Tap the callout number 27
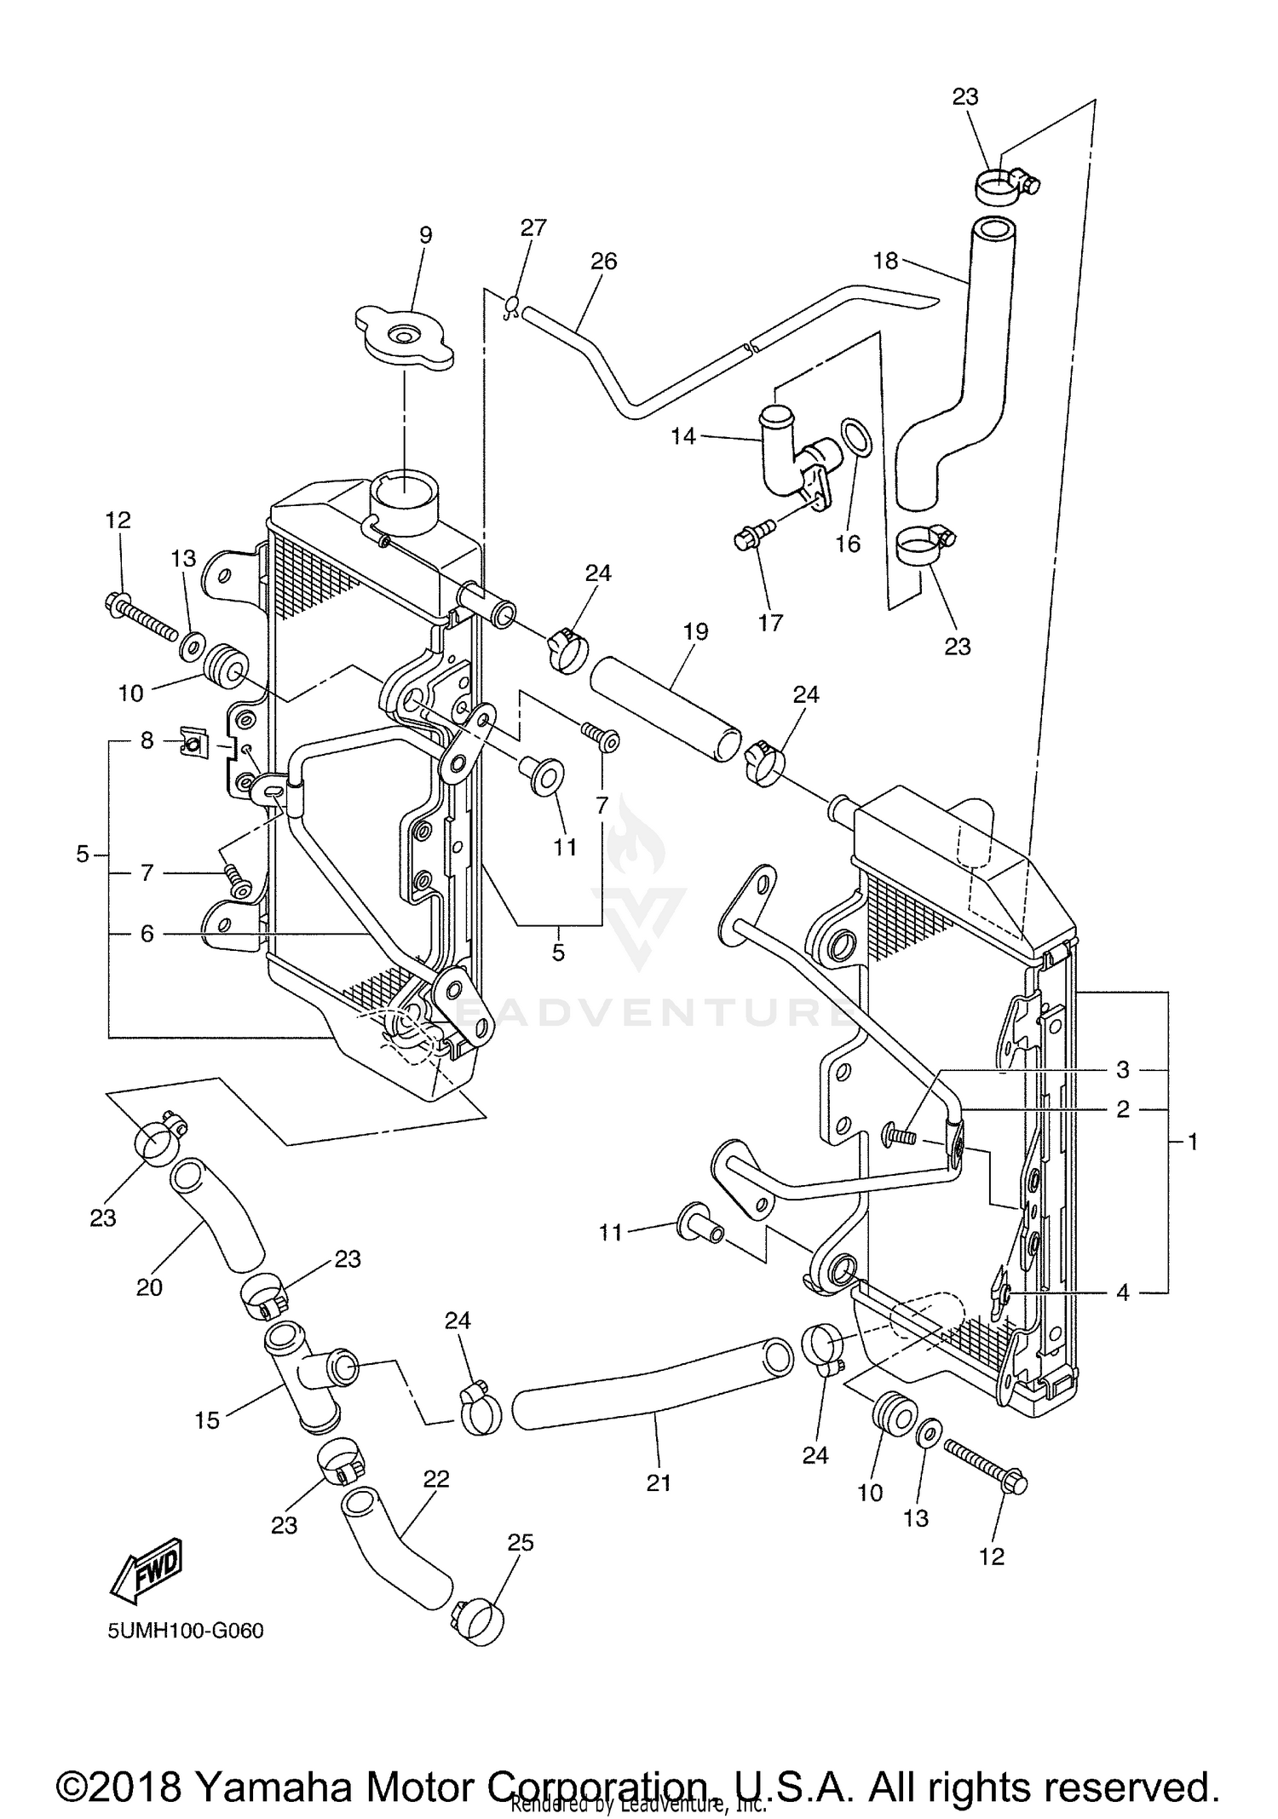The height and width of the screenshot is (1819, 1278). pyautogui.click(x=533, y=227)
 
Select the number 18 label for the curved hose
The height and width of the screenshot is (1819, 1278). pyautogui.click(x=886, y=261)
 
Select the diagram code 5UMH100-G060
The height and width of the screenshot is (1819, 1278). pyautogui.click(x=185, y=1631)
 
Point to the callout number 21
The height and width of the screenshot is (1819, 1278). pyautogui.click(x=659, y=1483)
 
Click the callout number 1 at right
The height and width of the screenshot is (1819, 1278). pyautogui.click(x=1192, y=1142)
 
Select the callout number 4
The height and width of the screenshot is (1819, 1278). pyautogui.click(x=1122, y=1293)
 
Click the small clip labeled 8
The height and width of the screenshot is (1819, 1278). pyautogui.click(x=193, y=745)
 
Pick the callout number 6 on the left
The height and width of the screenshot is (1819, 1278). pyautogui.click(x=147, y=935)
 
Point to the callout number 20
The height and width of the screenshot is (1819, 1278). pyautogui.click(x=149, y=1288)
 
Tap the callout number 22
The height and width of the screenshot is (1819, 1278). pyautogui.click(x=435, y=1479)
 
